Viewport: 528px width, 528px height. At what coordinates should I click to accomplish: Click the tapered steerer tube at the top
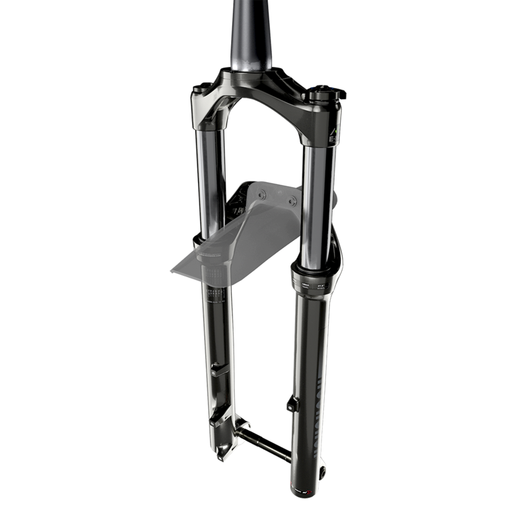tap(251, 33)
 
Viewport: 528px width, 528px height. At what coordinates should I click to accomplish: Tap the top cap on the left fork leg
tap(202, 88)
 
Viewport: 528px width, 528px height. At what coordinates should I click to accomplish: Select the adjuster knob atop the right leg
tap(325, 94)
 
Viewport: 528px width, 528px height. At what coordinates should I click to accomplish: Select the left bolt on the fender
tap(262, 195)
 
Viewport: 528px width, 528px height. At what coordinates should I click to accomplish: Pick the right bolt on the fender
tap(292, 200)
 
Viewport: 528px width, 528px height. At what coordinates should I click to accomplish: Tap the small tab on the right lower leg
tap(292, 403)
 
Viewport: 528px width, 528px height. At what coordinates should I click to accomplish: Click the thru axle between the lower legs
tap(264, 444)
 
